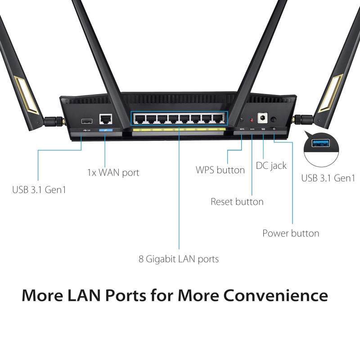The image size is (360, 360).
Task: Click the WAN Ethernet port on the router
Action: tap(106, 119)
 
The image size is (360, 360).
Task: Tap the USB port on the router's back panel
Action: tap(87, 121)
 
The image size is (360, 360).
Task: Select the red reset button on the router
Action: tap(252, 120)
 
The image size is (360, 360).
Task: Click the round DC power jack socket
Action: tap(262, 118)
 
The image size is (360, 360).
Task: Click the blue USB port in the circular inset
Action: tap(321, 143)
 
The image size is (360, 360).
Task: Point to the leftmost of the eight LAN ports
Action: tap(139, 119)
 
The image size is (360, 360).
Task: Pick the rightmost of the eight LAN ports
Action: tap(218, 119)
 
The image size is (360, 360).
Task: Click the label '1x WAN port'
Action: tap(113, 173)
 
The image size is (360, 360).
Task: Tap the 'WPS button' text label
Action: tap(220, 170)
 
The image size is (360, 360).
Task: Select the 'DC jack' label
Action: tap(271, 166)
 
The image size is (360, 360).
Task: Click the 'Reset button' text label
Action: tap(237, 202)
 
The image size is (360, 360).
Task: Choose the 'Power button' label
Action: tap(291, 233)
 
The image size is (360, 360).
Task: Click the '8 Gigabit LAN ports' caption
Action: tap(179, 259)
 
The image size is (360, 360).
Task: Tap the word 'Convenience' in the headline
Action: tap(275, 295)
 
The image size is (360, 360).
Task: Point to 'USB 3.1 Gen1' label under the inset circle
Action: tap(328, 178)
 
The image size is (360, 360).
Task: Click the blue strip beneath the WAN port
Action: tap(106, 130)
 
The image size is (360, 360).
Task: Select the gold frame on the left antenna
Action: tap(27, 95)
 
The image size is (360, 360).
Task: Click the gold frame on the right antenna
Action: tap(330, 93)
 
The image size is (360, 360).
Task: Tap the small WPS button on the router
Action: tap(242, 120)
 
